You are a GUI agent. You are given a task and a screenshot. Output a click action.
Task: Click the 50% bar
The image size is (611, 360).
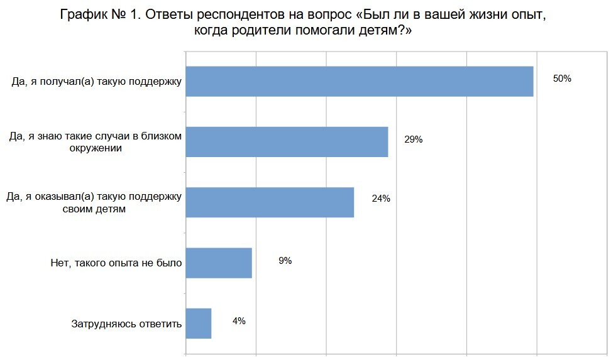[x=360, y=82]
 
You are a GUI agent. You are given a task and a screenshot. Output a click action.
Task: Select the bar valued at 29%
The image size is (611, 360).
[x=287, y=142]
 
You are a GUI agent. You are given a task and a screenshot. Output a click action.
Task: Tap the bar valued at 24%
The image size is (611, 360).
[x=270, y=202]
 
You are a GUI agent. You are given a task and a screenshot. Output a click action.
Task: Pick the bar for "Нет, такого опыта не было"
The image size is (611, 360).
[x=219, y=263]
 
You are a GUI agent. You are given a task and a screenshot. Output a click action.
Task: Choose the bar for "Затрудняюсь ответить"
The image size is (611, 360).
[x=199, y=323]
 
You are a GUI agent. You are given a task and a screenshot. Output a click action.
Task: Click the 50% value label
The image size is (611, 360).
[x=561, y=79]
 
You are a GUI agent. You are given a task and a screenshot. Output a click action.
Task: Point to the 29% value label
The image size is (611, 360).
[x=413, y=139]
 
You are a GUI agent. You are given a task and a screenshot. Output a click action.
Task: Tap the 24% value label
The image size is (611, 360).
[x=381, y=199]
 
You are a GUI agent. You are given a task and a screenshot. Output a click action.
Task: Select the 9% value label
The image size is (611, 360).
[x=285, y=260]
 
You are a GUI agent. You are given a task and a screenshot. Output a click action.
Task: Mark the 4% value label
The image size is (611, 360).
[x=239, y=320]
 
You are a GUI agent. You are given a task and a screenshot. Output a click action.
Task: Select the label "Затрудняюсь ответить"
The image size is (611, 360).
[x=126, y=324]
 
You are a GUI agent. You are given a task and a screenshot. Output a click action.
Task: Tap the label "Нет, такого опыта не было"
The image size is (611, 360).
[x=116, y=263]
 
